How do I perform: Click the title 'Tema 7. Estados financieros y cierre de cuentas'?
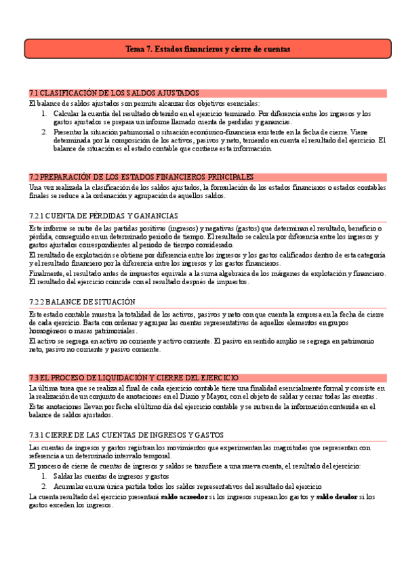(x=207, y=49)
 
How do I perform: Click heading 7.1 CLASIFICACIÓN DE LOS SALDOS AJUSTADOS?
(x=114, y=93)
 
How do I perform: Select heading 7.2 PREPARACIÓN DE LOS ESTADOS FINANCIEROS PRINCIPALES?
(x=142, y=177)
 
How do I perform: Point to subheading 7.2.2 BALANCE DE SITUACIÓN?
(x=82, y=302)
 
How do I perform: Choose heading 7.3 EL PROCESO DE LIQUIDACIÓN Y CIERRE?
(x=134, y=377)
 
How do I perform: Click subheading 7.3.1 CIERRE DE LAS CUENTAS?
(x=127, y=434)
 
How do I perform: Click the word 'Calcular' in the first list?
(x=66, y=114)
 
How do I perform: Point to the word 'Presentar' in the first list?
(x=68, y=132)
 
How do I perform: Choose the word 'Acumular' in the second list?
(x=68, y=487)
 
